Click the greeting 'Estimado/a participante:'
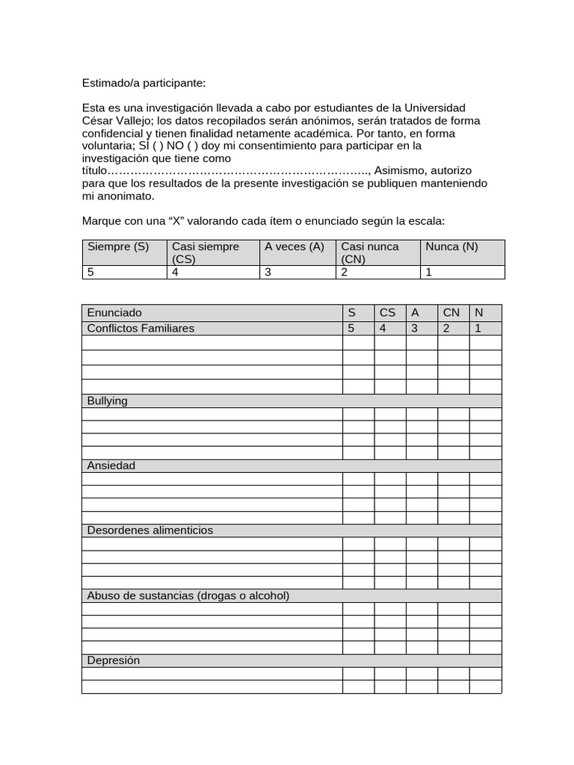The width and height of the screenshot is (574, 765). click(143, 83)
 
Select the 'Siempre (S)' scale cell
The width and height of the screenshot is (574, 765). click(118, 247)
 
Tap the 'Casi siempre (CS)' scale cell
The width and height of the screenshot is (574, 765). click(206, 253)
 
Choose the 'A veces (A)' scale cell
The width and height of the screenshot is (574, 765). click(294, 247)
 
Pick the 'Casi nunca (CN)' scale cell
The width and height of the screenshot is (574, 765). click(370, 253)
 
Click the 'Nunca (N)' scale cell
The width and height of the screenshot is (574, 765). click(451, 247)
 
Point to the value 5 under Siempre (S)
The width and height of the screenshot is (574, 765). click(91, 272)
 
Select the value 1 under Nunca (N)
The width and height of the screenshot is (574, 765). click(429, 272)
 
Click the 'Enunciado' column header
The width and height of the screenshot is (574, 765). click(114, 312)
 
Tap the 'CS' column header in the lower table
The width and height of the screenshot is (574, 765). click(388, 312)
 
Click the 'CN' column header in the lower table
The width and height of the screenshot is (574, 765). click(451, 312)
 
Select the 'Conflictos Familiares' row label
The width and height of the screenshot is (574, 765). click(141, 328)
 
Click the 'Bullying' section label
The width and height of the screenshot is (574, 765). click(108, 401)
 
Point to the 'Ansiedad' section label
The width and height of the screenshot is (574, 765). click(111, 465)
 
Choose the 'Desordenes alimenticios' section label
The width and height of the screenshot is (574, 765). click(150, 530)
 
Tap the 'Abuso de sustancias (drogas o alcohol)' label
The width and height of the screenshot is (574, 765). click(188, 595)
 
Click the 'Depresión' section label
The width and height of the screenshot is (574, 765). click(114, 660)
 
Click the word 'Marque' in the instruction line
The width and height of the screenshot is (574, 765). click(101, 221)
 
